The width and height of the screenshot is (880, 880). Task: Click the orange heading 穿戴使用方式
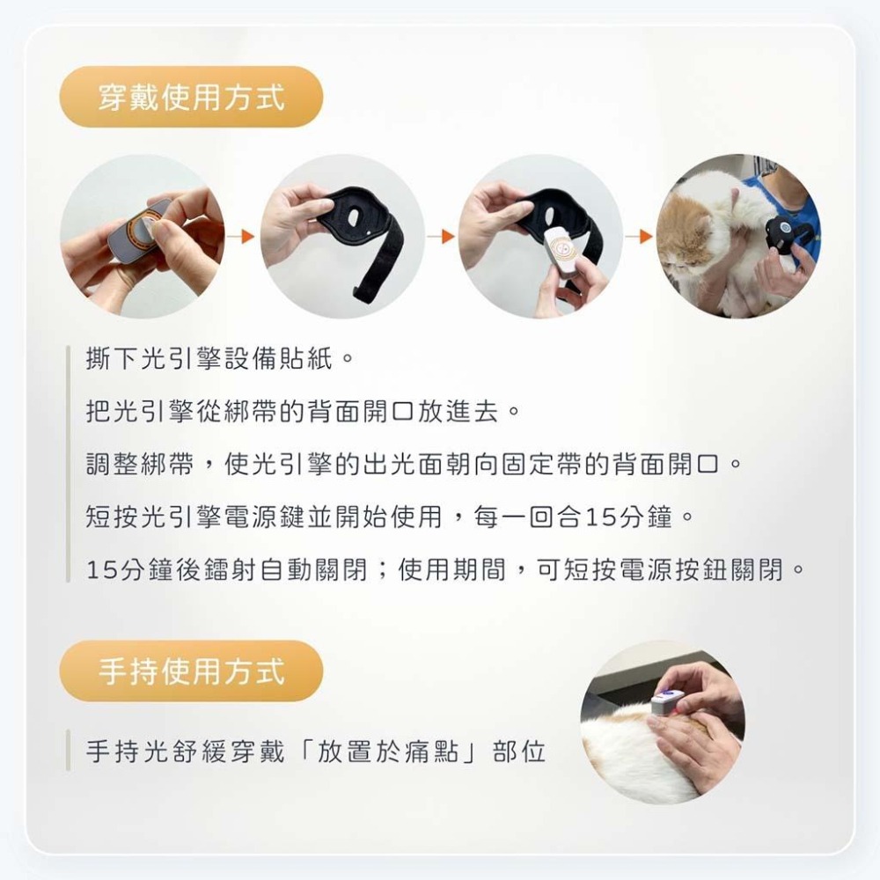191,97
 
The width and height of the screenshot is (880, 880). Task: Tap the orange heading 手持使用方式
191,671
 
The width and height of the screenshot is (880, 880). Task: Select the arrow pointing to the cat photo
640,236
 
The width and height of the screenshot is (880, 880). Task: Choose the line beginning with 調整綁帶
414,465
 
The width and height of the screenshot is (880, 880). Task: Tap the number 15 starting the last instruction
100,570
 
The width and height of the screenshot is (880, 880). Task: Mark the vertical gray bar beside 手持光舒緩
68,750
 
